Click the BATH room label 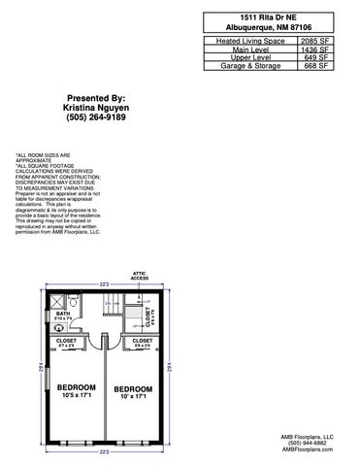[63, 315]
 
